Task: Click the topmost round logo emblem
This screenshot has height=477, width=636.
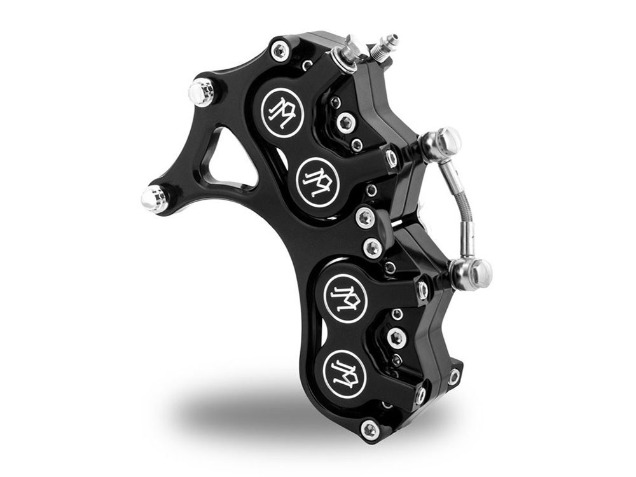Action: pyautogui.click(x=282, y=113)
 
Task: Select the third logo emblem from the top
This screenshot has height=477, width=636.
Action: pyautogui.click(x=346, y=295)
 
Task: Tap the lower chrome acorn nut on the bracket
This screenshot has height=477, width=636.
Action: pyautogui.click(x=155, y=199)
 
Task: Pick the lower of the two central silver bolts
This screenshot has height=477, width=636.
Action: pyautogui.click(x=373, y=247)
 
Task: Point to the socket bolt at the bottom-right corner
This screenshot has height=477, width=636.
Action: pyautogui.click(x=453, y=377)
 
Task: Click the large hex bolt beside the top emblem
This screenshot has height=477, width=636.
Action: pyautogui.click(x=346, y=122)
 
